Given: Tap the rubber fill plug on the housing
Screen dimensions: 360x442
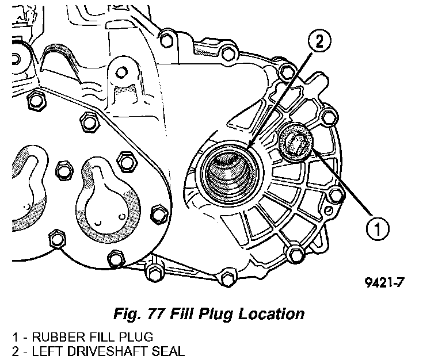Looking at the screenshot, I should (x=296, y=141).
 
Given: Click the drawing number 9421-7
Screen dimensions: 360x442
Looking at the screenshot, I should (x=389, y=284).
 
